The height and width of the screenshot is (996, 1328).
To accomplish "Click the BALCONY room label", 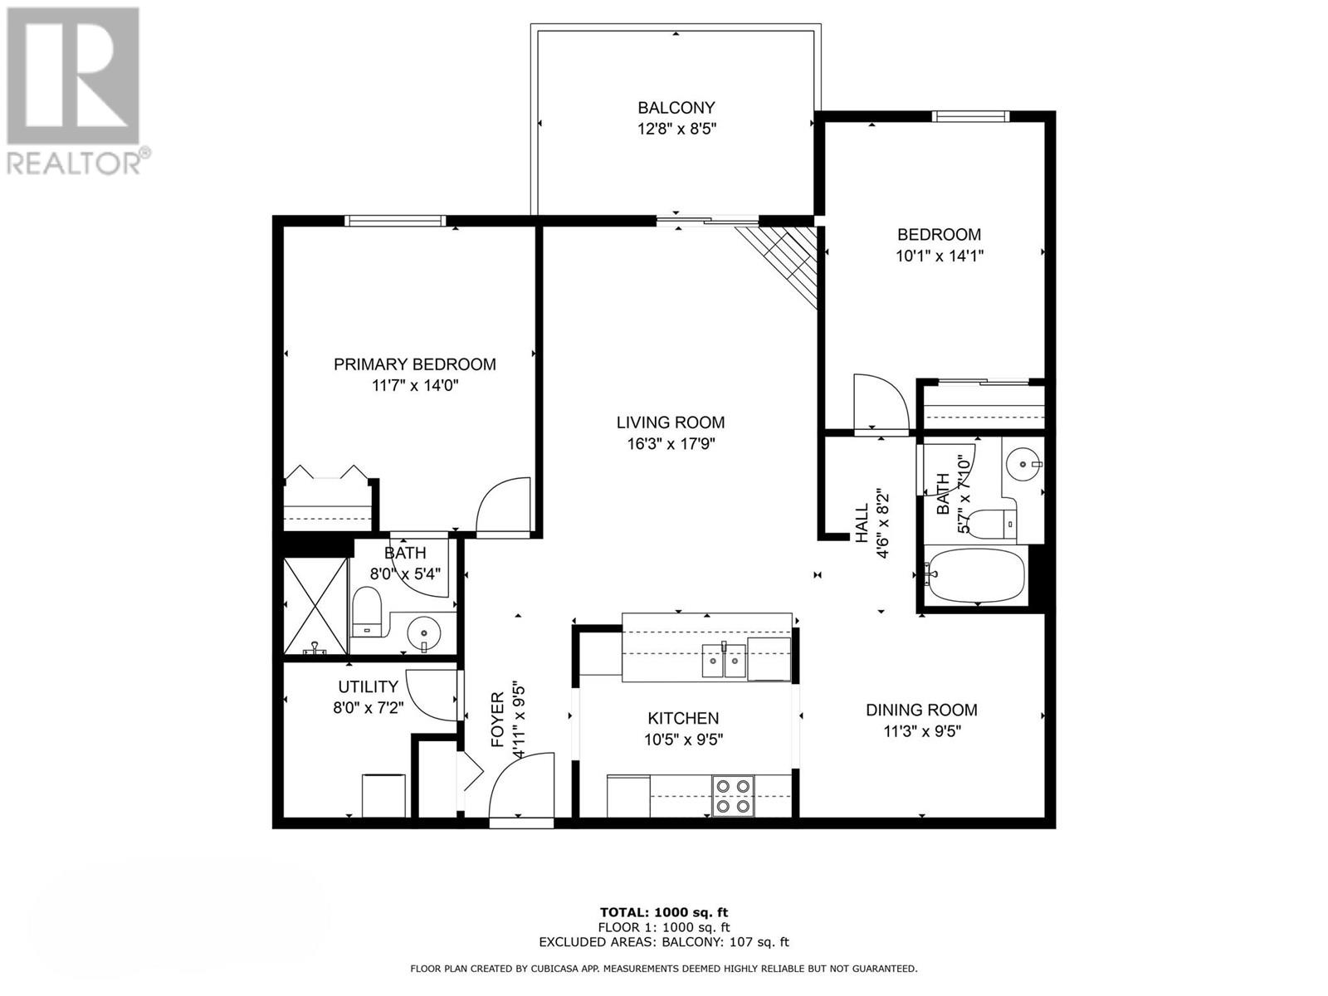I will (x=676, y=108).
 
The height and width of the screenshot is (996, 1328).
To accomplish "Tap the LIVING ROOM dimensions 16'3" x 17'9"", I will (x=671, y=444).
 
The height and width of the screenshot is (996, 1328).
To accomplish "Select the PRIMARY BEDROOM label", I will (x=414, y=364).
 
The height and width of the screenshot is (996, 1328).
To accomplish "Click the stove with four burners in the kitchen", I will (x=733, y=795).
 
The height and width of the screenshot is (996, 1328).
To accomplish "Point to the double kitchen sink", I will (x=724, y=662).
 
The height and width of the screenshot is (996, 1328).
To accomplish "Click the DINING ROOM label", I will (x=921, y=710).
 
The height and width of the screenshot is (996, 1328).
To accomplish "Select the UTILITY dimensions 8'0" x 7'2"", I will (x=368, y=708).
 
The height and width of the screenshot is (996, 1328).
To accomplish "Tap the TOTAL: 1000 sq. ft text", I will (x=664, y=912).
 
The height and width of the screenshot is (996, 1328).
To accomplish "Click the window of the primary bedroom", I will (x=395, y=221).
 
